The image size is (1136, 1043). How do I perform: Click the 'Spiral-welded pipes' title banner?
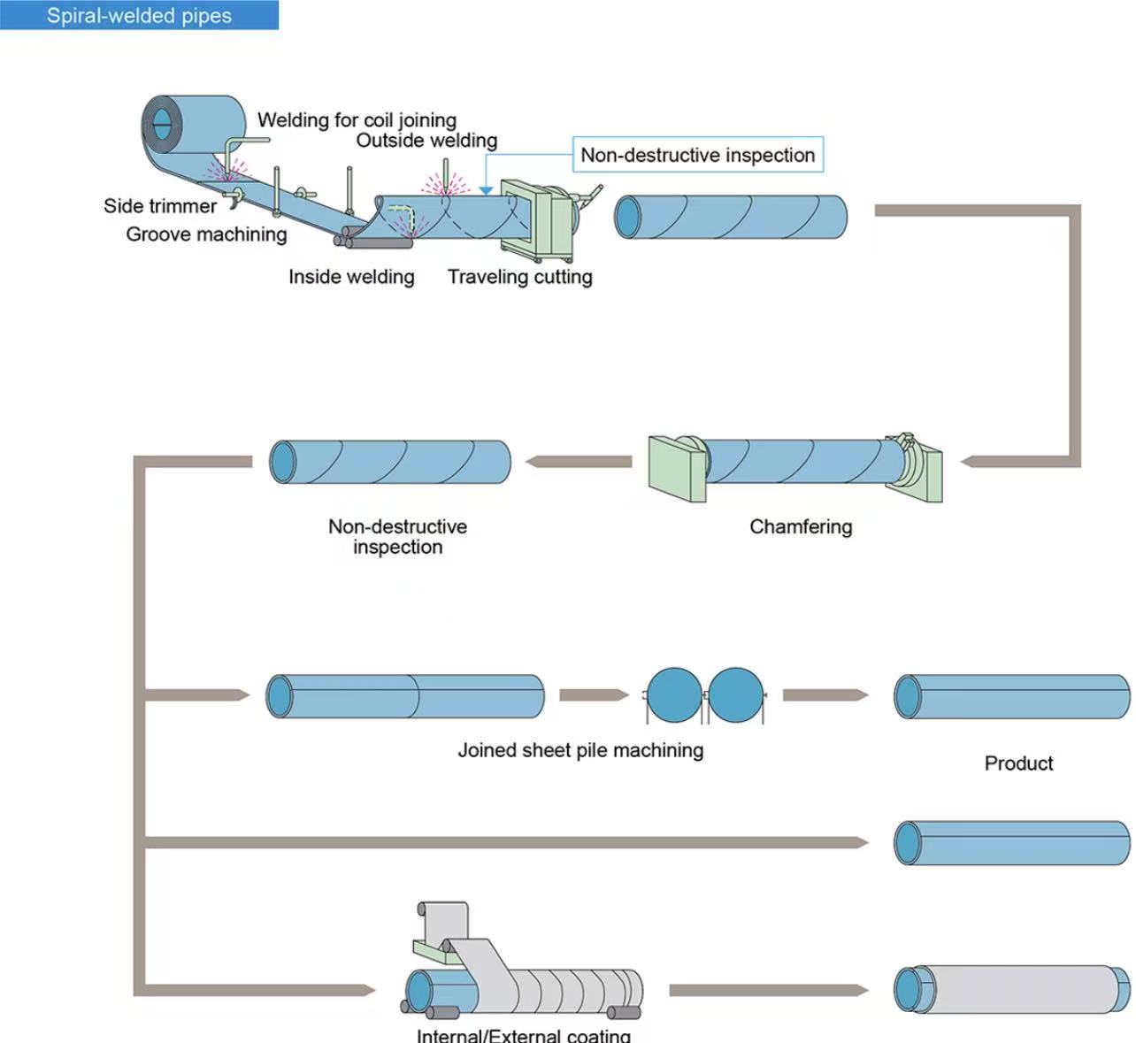pos(139,15)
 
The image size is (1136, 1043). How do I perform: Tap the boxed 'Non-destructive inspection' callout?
pos(698,155)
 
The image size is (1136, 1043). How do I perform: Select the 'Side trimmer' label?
pos(160,206)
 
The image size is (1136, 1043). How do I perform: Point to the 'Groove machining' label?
pos(206,234)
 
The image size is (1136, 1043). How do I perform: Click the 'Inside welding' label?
pos(351,277)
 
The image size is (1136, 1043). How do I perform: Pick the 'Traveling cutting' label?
pos(520,277)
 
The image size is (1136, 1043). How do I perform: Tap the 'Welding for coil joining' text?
pos(357,120)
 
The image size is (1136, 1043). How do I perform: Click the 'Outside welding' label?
pos(426,141)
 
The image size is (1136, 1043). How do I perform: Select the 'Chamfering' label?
pos(801,526)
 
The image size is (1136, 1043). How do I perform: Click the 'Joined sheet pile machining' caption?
pos(580,750)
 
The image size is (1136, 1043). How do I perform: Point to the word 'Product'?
pos(1019,763)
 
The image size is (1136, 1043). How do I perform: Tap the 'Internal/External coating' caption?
pos(523,1034)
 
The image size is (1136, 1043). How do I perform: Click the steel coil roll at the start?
pos(193,124)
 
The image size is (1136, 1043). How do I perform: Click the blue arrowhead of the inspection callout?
pos(486,191)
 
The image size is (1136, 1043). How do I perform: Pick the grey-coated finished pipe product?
pos(1011,989)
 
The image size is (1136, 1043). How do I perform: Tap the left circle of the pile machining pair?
pos(674,694)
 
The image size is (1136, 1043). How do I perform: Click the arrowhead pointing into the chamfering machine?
pos(967,462)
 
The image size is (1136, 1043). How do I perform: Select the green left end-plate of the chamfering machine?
pos(677,469)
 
